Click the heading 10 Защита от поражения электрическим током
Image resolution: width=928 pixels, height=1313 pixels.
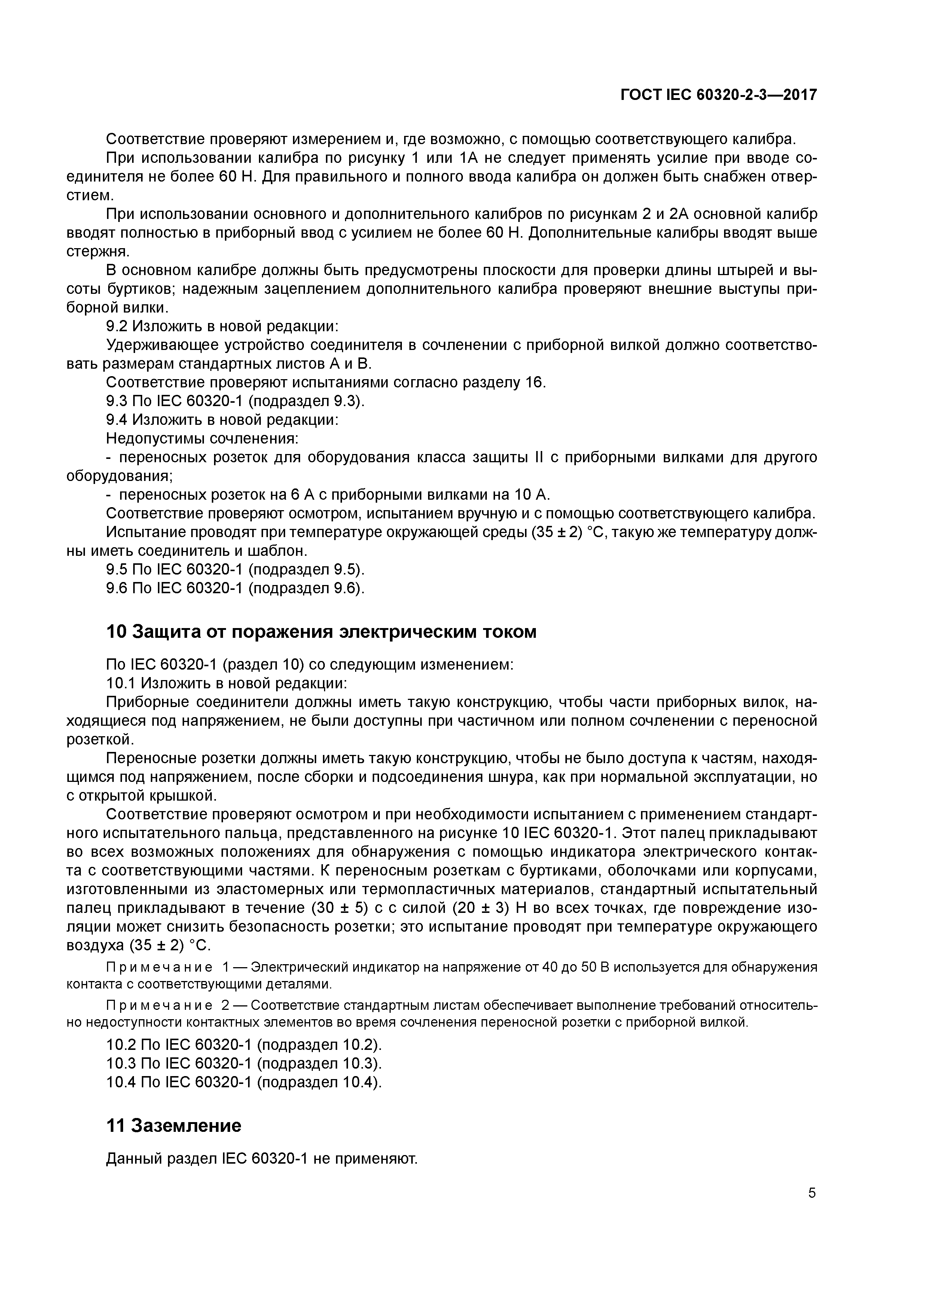pyautogui.click(x=321, y=632)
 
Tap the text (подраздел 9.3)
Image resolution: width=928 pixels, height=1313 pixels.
pyautogui.click(x=306, y=402)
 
